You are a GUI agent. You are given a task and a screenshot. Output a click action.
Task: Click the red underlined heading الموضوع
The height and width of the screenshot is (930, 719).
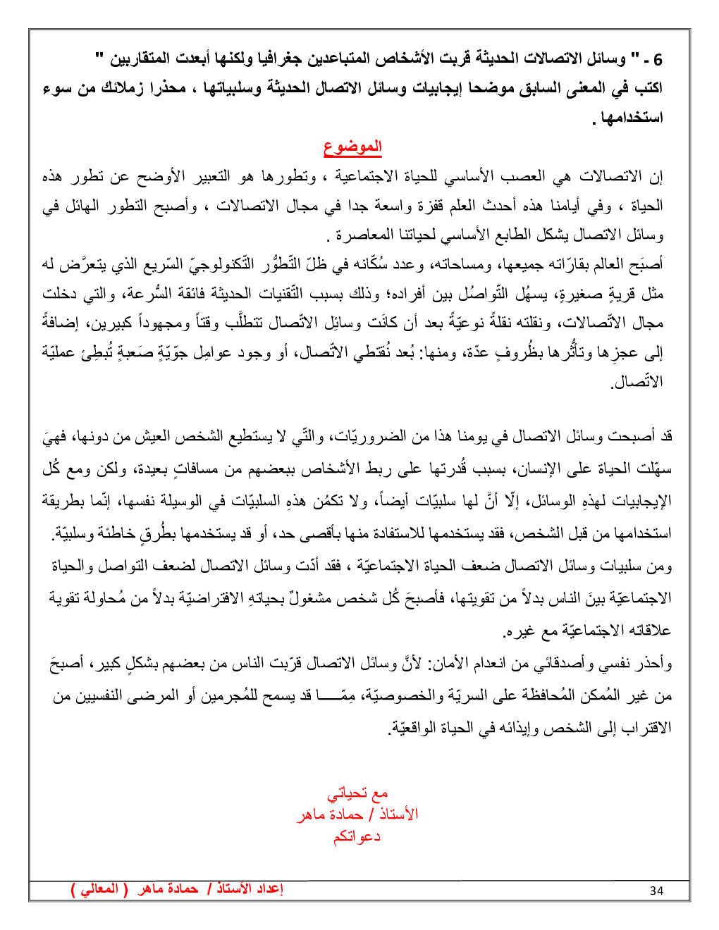click(352, 147)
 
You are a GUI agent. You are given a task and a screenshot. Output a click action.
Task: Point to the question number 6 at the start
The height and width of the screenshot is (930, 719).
click(658, 59)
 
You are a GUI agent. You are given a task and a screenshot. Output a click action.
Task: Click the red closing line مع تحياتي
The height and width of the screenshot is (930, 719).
click(357, 794)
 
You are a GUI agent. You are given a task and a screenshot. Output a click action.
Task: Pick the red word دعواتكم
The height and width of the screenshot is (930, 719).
click(357, 836)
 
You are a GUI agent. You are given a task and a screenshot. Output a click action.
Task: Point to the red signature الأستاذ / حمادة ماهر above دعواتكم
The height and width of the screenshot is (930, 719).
click(357, 815)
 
